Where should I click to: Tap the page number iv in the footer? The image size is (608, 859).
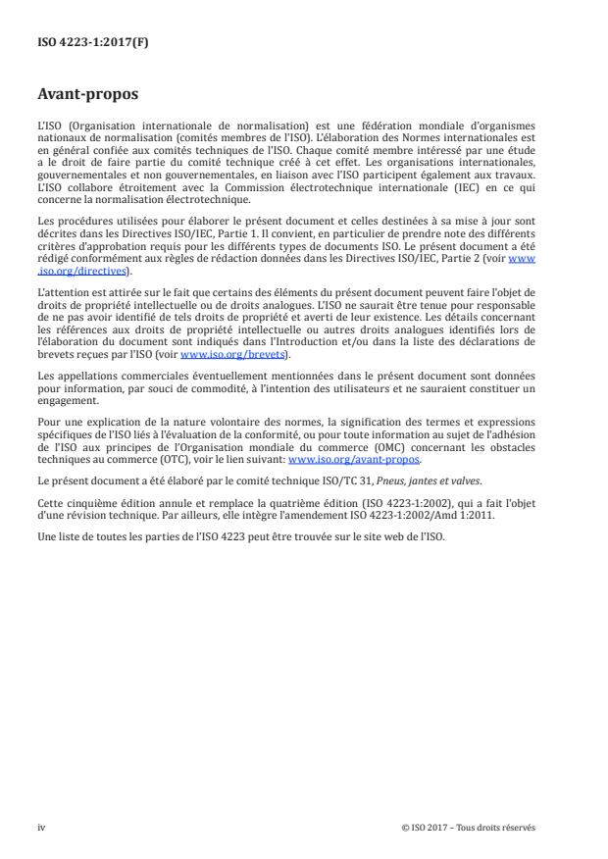41,827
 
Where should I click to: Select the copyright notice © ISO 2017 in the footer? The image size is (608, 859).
469,827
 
